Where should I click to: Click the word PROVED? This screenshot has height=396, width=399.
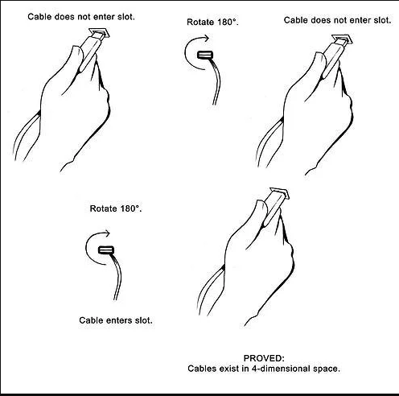pyautogui.click(x=264, y=358)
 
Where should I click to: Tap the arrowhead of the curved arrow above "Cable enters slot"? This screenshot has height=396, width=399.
pyautogui.click(x=108, y=233)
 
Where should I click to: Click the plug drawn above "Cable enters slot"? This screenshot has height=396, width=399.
pyautogui.click(x=106, y=250)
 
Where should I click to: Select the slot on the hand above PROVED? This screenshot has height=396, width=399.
pyautogui.click(x=280, y=193)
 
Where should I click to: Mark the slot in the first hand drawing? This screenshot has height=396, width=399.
pyautogui.click(x=100, y=33)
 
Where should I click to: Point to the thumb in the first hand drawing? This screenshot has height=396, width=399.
pyautogui.click(x=78, y=58)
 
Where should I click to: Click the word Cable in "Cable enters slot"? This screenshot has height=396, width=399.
pyautogui.click(x=91, y=320)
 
